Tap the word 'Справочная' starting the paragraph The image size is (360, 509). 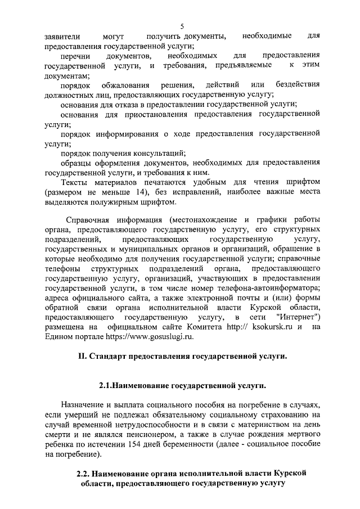89,220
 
